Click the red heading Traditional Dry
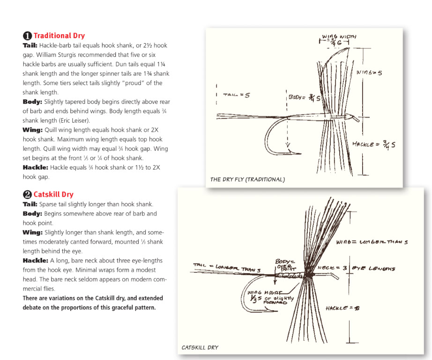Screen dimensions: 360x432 59,36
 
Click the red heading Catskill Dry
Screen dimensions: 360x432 53,195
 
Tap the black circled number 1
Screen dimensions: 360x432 27,36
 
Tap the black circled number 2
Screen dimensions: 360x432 27,195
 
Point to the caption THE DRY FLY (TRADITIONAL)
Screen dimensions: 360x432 247,180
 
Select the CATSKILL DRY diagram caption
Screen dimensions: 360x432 200,347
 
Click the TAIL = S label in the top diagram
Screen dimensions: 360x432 237,95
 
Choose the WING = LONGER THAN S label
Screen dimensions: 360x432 372,242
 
